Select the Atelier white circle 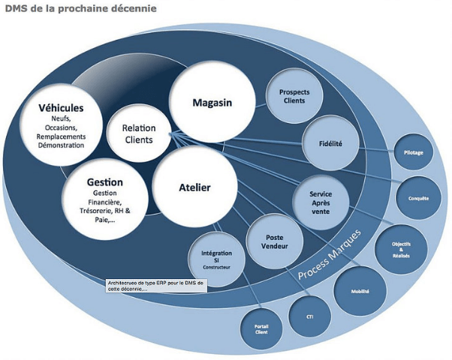click(x=194, y=187)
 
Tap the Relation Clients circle click(x=138, y=133)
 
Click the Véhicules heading click(x=61, y=107)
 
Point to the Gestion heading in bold click(x=104, y=182)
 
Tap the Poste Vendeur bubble click(x=275, y=240)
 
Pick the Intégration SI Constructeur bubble click(x=216, y=259)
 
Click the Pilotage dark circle click(x=414, y=152)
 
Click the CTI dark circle click(x=309, y=316)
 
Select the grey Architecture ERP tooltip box click(x=156, y=285)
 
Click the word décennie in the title click(x=133, y=9)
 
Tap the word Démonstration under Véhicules click(x=62, y=145)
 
